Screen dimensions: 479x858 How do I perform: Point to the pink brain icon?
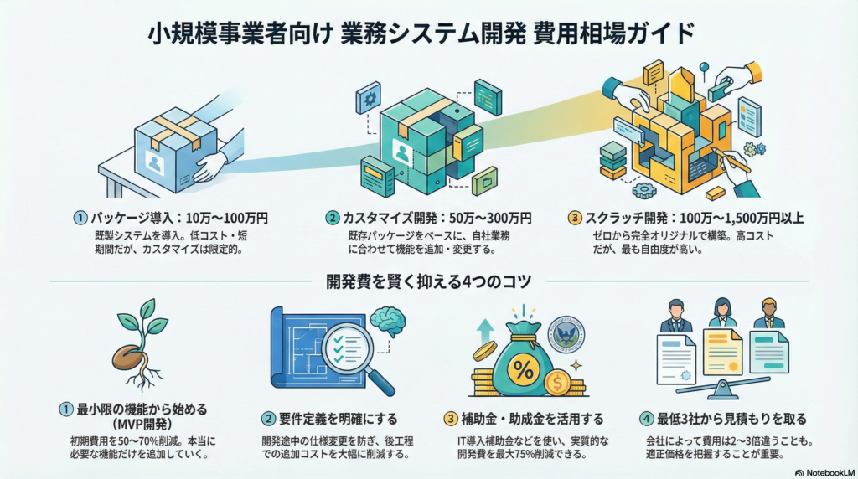(x=386, y=320)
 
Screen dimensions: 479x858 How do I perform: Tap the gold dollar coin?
(x=556, y=384)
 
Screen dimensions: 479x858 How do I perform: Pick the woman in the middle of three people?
(x=721, y=314)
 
